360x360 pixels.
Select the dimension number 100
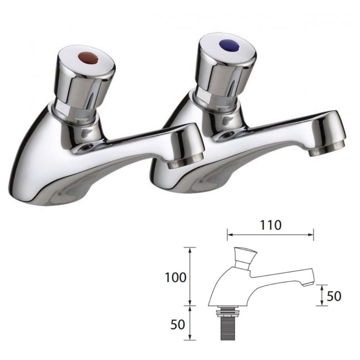[176, 277]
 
